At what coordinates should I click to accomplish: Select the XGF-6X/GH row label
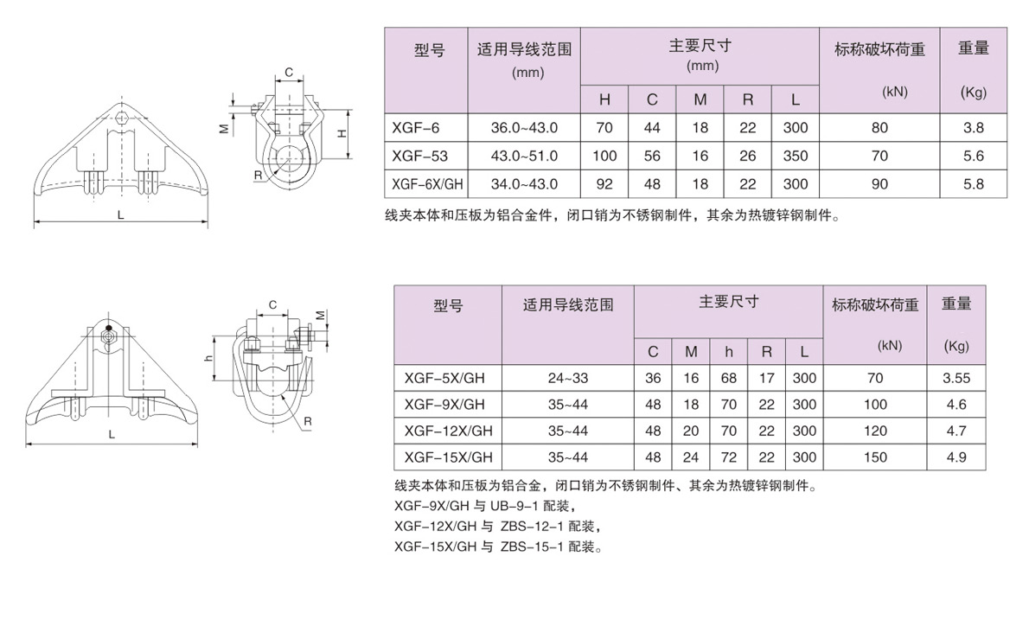(427, 184)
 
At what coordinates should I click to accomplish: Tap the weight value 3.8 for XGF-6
(973, 128)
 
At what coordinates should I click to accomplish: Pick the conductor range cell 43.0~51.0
(524, 157)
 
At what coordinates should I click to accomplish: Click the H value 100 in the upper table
(604, 157)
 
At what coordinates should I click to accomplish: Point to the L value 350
(796, 157)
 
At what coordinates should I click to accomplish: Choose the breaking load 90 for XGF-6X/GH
(879, 184)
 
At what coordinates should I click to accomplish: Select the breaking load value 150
(875, 457)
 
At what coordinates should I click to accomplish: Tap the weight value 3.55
(956, 379)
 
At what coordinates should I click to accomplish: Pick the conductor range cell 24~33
(567, 379)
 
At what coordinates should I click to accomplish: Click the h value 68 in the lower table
(728, 379)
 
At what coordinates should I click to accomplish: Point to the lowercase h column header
(728, 352)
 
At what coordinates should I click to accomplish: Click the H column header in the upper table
(604, 99)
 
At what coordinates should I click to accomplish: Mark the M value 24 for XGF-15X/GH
(691, 457)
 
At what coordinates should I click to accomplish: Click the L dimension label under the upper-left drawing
(121, 214)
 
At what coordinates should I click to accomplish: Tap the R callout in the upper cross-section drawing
(258, 176)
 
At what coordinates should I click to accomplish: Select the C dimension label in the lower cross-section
(273, 305)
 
